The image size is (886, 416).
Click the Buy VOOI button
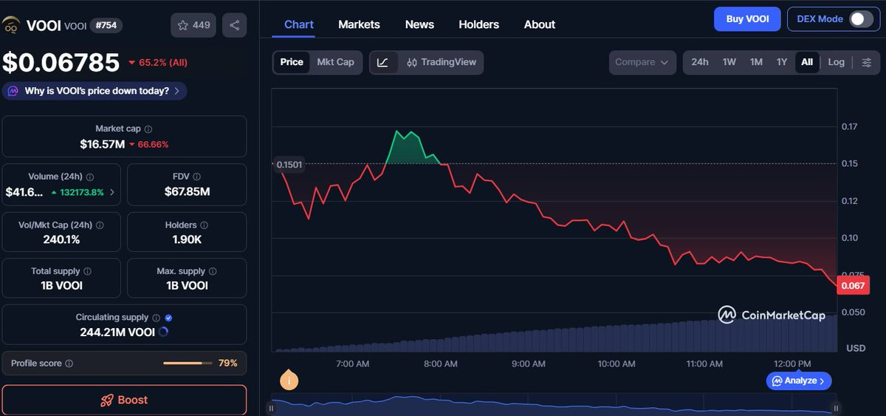click(x=747, y=19)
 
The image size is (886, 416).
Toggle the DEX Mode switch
click(x=862, y=19)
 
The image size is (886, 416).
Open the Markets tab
click(x=359, y=24)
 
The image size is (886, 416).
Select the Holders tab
click(x=478, y=24)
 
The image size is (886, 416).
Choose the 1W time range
click(x=729, y=62)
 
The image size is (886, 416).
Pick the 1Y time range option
click(x=782, y=62)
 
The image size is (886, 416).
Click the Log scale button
click(x=836, y=62)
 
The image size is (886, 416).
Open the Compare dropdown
click(x=642, y=63)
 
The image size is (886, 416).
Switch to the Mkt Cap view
click(x=335, y=62)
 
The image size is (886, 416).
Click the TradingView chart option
click(x=442, y=62)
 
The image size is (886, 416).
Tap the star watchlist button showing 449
click(x=193, y=25)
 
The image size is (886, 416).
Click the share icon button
click(x=235, y=25)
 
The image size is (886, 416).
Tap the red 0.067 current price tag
click(x=854, y=286)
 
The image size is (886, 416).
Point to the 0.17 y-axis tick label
click(x=849, y=126)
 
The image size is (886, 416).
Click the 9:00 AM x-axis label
click(x=528, y=364)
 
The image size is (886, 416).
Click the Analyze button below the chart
click(x=799, y=381)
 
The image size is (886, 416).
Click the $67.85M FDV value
click(x=187, y=192)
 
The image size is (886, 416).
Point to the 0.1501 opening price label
click(x=289, y=165)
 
